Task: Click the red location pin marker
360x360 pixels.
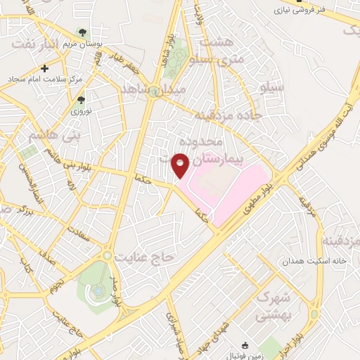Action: [181, 165]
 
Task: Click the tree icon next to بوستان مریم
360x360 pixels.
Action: [82, 32]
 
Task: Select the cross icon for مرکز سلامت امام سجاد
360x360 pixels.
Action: [46, 68]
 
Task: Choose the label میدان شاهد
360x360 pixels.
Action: [153, 90]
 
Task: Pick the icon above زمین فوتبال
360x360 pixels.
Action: [245, 345]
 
